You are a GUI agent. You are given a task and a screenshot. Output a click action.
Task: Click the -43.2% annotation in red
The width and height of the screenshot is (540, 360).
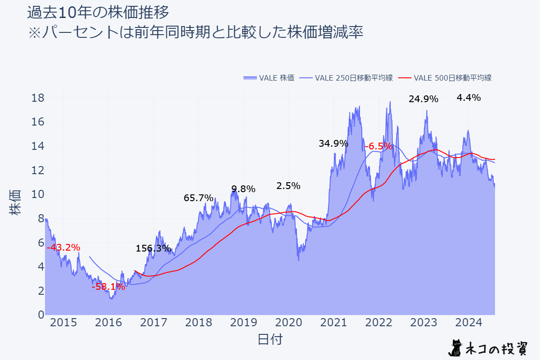coord(63,247)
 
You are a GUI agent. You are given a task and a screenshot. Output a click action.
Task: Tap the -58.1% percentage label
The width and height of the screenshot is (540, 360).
coord(108,287)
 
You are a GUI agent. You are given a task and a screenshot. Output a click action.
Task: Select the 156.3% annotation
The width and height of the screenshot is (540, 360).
coord(153,248)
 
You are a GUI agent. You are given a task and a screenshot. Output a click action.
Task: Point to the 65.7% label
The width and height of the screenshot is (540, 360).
coord(198,198)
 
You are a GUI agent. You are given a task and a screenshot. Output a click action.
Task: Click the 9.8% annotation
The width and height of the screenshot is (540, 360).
coord(243,189)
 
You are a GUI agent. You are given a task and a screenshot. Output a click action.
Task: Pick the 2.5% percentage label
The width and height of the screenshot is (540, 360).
coord(288,186)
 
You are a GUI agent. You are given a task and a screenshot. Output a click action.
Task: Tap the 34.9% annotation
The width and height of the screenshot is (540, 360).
coord(333,144)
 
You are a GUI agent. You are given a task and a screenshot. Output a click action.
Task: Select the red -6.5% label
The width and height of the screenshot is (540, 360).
coord(378,146)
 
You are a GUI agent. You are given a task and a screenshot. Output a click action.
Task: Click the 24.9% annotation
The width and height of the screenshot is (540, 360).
coord(423,99)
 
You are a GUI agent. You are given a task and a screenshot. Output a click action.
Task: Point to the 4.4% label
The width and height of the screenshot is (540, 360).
coord(468,98)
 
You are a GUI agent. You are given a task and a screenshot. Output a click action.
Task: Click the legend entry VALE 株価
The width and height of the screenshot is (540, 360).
coord(269,78)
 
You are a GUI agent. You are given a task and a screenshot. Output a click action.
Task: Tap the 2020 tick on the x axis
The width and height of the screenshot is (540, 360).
coord(288,323)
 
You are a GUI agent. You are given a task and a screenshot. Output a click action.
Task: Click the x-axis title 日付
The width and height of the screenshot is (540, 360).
coord(270,339)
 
